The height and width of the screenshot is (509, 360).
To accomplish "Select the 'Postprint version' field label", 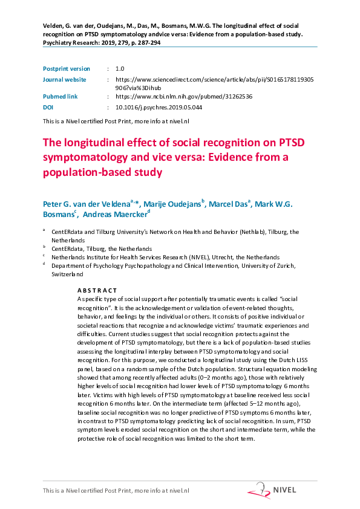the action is pos(66,69).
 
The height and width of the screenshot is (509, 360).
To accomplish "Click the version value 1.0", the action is pos(119,69).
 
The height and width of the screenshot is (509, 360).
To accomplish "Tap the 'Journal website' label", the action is pos(64,79).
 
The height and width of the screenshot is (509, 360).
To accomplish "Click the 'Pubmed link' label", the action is pos(61,96).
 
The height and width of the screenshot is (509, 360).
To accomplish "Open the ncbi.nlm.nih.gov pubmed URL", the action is pos(183,96).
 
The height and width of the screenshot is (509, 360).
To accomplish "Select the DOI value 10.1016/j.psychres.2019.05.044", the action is pos(159,106).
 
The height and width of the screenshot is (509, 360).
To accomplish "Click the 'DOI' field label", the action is pos(48,106).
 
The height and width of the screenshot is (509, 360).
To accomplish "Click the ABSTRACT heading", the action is pos(96,291).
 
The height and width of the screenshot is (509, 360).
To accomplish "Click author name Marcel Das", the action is pos(229,203).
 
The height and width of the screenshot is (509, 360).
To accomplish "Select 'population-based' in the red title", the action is pos(85,172).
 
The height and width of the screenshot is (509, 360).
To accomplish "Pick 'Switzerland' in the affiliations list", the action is pos(67,274).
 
